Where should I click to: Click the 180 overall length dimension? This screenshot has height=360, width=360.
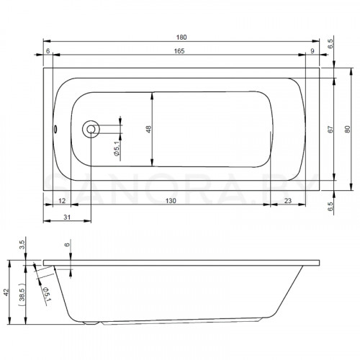(181, 37)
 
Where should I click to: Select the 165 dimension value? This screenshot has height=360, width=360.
(179, 51)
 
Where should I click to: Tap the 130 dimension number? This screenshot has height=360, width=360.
(171, 201)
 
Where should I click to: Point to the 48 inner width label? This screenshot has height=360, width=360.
(149, 129)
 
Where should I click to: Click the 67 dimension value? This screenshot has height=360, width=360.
(330, 130)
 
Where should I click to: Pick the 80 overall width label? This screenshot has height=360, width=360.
(347, 130)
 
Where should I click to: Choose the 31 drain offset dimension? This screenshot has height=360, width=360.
(67, 217)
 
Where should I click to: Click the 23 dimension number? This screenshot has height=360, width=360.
(288, 201)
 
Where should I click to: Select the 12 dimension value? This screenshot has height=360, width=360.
(62, 201)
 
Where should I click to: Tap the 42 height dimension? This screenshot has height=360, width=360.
(6, 292)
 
